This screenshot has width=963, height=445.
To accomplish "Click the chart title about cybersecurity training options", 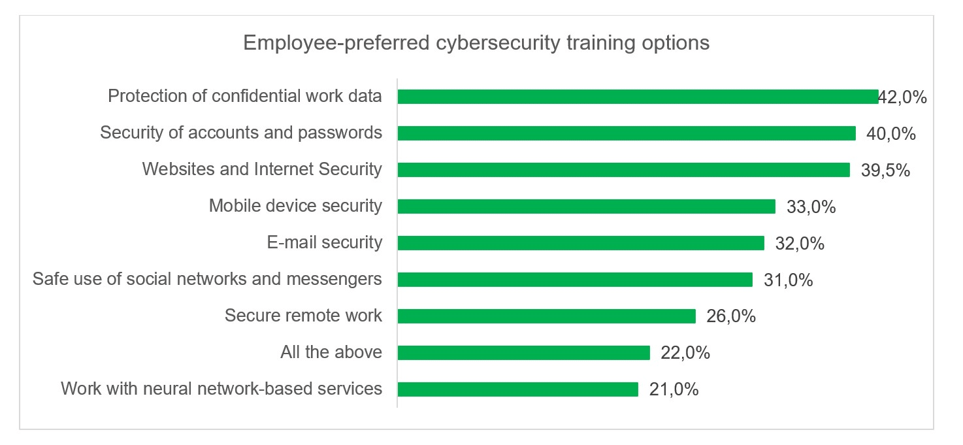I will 476,43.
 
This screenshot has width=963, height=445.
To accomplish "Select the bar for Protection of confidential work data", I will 638,97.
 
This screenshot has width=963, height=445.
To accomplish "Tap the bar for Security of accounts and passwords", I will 627,133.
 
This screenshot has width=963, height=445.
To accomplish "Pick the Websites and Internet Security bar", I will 623,170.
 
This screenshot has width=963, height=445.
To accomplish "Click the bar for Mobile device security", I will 586,206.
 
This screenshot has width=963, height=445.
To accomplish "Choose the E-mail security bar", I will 581,243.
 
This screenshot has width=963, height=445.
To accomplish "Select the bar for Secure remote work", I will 546,316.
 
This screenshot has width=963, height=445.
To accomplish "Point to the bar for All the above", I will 523,353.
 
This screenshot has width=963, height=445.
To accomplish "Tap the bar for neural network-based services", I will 517,389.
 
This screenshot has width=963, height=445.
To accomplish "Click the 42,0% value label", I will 903,97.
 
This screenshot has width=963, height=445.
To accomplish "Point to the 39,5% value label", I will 885,171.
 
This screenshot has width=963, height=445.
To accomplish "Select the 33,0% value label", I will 811,207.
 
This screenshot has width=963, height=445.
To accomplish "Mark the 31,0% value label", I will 788,280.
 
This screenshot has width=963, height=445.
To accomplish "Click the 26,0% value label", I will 731,317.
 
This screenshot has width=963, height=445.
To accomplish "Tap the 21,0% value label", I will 674,390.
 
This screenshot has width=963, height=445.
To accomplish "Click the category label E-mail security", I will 325,242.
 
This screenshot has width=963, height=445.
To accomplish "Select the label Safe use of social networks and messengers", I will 207,279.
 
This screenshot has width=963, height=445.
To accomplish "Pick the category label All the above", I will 331,352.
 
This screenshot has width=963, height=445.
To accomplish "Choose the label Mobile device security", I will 295,206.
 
